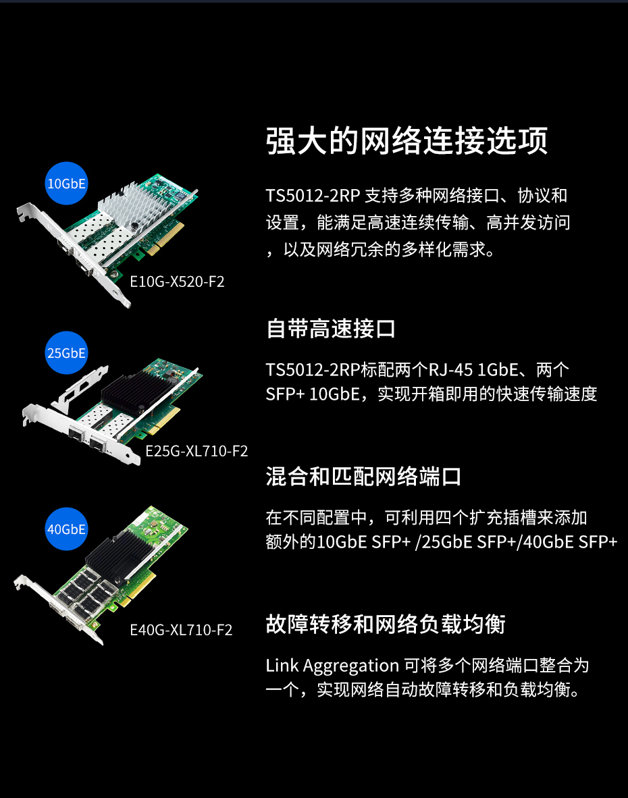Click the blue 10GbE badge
[x=66, y=183]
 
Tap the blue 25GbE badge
[x=66, y=352]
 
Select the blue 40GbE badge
[x=66, y=529]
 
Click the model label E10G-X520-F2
[x=177, y=282]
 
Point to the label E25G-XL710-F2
[x=197, y=451]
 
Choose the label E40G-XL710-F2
[x=181, y=630]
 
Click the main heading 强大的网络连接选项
[x=407, y=140]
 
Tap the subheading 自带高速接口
[x=331, y=329]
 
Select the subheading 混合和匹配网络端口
[x=363, y=477]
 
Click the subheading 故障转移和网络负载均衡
[x=386, y=624]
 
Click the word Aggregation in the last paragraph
[x=350, y=666]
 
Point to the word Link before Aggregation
[x=282, y=665]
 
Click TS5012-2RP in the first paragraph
[x=313, y=195]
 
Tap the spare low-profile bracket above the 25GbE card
[x=80, y=387]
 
